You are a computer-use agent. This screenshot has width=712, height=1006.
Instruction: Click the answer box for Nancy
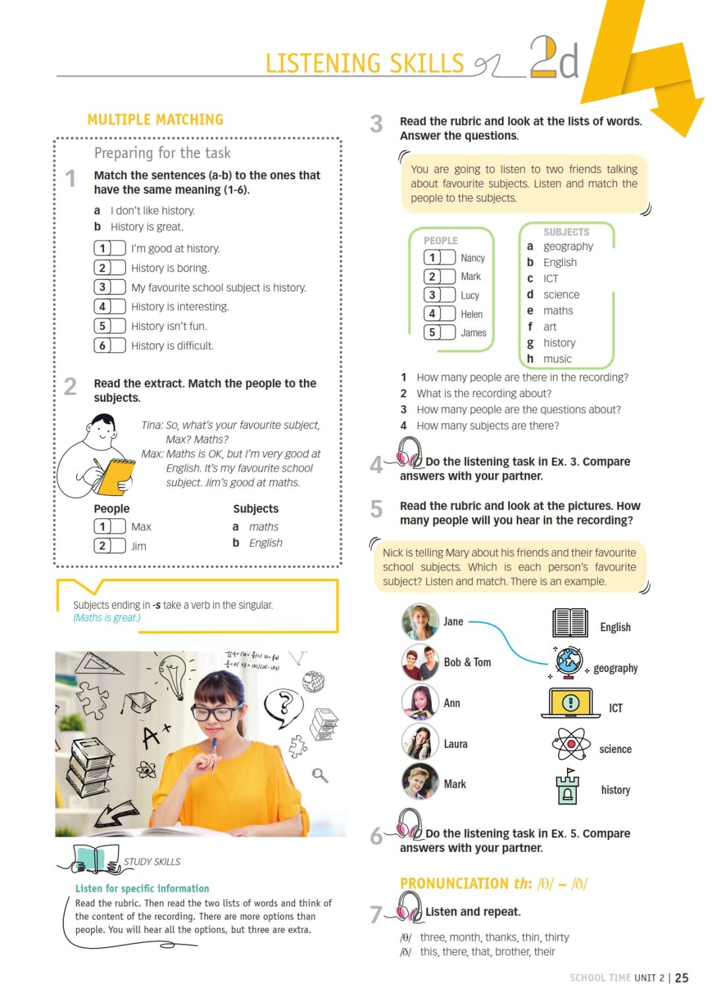(x=439, y=258)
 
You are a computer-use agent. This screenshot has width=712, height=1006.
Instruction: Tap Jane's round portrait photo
(x=420, y=621)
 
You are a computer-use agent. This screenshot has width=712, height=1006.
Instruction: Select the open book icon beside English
(x=570, y=623)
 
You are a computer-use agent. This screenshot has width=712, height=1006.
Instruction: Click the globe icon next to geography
(x=568, y=661)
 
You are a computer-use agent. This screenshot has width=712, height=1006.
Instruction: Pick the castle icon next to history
(x=567, y=787)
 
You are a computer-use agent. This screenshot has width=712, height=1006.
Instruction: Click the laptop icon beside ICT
(x=570, y=703)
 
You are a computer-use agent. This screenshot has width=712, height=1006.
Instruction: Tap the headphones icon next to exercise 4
(x=409, y=453)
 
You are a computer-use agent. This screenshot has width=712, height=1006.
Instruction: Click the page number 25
(x=682, y=978)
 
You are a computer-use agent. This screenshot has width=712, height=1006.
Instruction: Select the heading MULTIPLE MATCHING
(x=156, y=120)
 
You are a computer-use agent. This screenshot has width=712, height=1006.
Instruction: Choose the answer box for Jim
(x=109, y=545)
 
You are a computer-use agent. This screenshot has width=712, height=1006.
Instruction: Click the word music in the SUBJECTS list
(x=557, y=359)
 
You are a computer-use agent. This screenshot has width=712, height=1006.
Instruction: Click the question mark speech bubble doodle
(x=283, y=705)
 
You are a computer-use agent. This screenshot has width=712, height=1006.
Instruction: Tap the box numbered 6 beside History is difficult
(x=109, y=345)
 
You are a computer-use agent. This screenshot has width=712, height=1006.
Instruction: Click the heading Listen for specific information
(x=142, y=888)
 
